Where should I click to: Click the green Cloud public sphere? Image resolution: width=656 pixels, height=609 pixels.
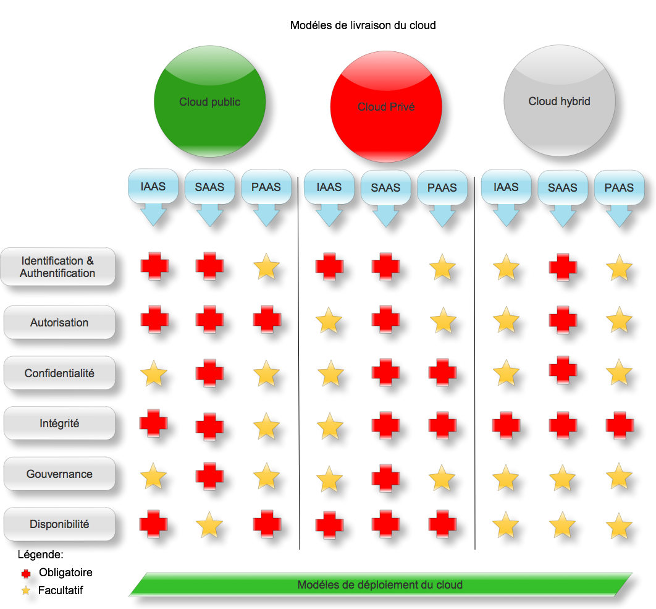tap(209, 103)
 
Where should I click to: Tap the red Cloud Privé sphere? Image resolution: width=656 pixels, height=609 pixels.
tap(386, 107)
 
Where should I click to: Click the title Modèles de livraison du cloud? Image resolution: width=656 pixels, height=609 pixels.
tap(363, 25)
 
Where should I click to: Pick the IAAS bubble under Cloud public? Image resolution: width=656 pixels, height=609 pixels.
tap(153, 186)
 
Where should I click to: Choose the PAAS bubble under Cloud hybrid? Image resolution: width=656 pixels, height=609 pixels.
tap(619, 187)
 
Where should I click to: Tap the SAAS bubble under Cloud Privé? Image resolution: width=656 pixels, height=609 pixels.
tap(385, 187)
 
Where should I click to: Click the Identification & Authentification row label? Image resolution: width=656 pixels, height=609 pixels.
tap(58, 267)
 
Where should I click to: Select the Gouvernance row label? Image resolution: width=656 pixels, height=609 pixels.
tap(59, 474)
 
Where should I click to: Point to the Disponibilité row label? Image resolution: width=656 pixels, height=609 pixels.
tap(59, 524)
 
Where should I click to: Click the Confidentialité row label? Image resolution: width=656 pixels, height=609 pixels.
tap(59, 373)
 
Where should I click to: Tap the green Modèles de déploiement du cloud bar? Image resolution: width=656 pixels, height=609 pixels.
tap(380, 585)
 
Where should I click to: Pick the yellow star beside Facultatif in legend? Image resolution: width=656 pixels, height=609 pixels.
tap(26, 591)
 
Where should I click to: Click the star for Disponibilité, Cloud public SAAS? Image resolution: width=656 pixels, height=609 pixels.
tap(209, 526)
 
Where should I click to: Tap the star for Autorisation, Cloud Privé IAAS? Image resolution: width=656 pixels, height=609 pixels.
tap(329, 322)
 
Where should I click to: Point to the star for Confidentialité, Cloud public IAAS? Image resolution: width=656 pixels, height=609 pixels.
tap(153, 374)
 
